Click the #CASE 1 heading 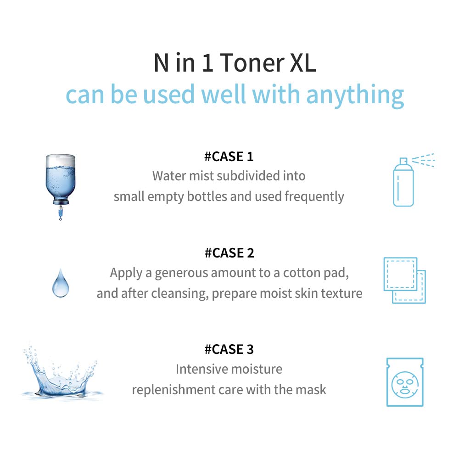click(229, 157)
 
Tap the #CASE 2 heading click(229, 253)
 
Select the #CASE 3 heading click(229, 349)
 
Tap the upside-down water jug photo click(60, 179)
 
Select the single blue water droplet click(60, 285)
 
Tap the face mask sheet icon click(404, 382)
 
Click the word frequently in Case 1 click(314, 196)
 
